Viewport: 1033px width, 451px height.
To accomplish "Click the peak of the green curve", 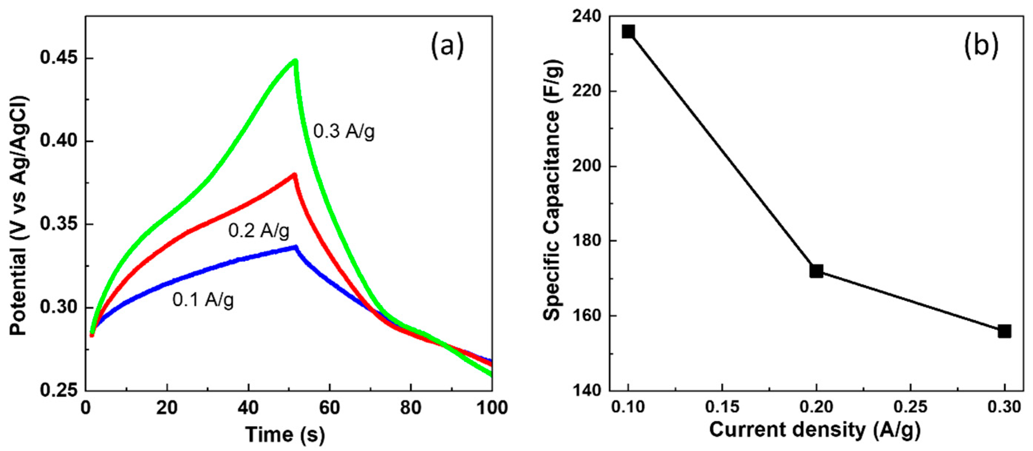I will pyautogui.click(x=295, y=61).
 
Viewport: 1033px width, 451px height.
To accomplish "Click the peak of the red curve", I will pyautogui.click(x=294, y=175).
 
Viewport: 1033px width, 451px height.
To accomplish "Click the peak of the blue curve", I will pyautogui.click(x=295, y=247).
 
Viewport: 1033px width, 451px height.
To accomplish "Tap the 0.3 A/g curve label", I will pyautogui.click(x=344, y=131).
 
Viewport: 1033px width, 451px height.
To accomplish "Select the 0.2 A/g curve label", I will pyautogui.click(x=259, y=231).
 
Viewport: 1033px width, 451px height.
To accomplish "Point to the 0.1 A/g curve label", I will pyautogui.click(x=203, y=299).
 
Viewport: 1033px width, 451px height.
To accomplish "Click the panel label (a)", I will pyautogui.click(x=447, y=46).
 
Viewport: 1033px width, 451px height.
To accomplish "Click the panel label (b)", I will pyautogui.click(x=981, y=46).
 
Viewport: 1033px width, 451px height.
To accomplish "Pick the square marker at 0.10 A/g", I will pyautogui.click(x=628, y=31).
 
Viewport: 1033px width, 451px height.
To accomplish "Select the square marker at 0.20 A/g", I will pyautogui.click(x=817, y=271).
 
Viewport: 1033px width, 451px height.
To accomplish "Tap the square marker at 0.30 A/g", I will pyautogui.click(x=1004, y=331).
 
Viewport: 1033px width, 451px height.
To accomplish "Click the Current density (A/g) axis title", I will pyautogui.click(x=815, y=430).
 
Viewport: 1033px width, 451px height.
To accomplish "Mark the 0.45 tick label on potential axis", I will pyautogui.click(x=59, y=58).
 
